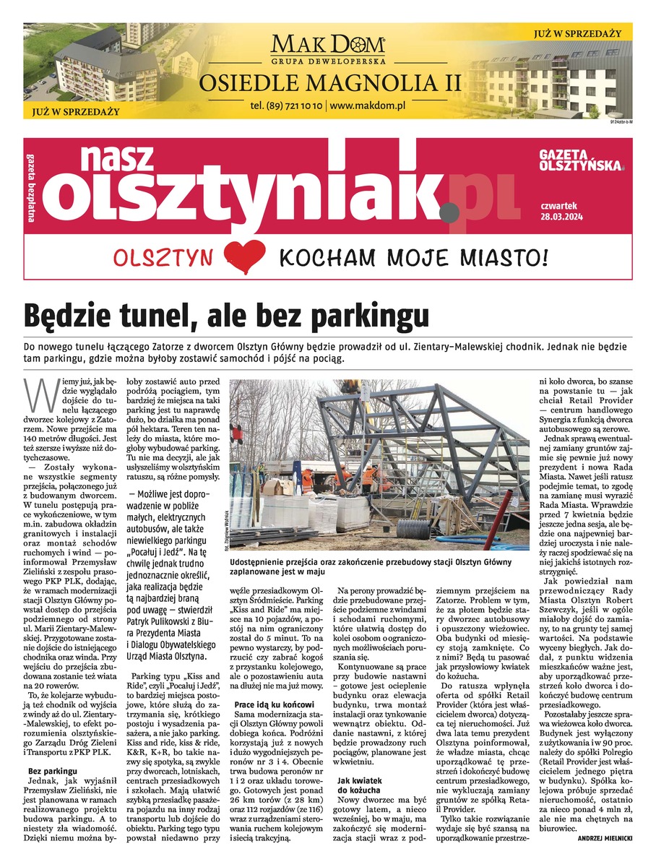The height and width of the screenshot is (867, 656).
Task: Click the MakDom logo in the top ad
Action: pos(328,47)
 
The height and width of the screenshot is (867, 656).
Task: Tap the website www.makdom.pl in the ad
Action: pos(367,105)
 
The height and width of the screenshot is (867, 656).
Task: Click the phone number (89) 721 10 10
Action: pos(287,105)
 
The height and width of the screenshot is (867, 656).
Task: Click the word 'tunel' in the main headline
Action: pos(150,316)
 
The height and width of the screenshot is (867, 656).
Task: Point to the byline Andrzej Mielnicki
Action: pos(605,837)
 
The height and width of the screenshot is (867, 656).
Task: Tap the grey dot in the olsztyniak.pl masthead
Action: pos(449,212)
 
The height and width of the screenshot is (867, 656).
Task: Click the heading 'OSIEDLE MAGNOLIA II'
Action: pos(329,82)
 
